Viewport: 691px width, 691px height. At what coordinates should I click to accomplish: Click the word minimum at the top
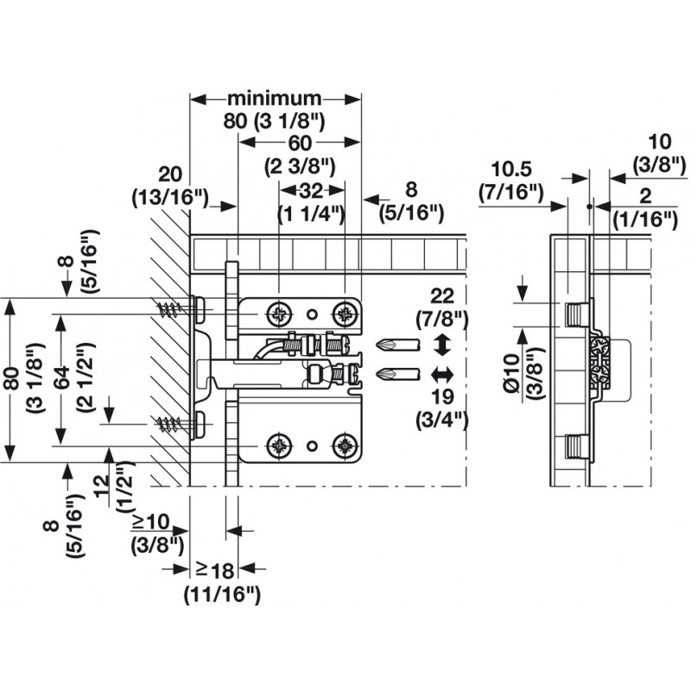pos(274,98)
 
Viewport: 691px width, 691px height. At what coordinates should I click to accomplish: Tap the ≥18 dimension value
pos(215,569)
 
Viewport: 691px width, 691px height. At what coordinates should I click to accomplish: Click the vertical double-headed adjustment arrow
pos(441,345)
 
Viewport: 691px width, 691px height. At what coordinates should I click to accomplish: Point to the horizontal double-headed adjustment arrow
pos(441,374)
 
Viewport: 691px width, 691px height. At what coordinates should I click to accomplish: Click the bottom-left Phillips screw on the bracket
pos(279,446)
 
